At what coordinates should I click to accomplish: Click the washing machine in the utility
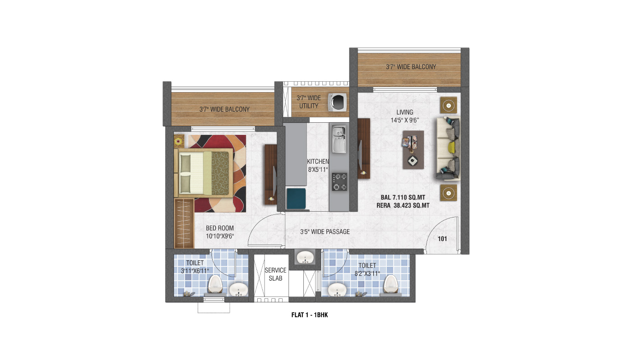tap(337, 102)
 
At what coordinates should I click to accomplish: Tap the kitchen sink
tap(339, 139)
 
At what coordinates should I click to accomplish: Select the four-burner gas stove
tap(339, 181)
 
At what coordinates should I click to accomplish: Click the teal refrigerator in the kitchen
tap(296, 199)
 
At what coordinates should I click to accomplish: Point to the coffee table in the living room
tap(413, 150)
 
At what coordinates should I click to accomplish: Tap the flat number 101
tap(442, 239)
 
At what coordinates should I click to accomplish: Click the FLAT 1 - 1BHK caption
tap(310, 315)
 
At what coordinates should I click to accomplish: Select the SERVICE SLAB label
tap(275, 274)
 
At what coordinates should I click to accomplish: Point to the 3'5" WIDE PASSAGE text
tap(325, 232)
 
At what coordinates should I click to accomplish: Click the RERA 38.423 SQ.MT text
tap(403, 205)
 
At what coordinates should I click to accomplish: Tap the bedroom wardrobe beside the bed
tap(184, 223)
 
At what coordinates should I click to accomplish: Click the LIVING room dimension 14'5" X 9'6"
tap(404, 120)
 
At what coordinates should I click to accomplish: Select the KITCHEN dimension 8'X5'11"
tap(318, 170)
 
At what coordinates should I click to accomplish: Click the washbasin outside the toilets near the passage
tap(305, 257)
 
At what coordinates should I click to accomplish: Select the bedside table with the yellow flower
tap(179, 141)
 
